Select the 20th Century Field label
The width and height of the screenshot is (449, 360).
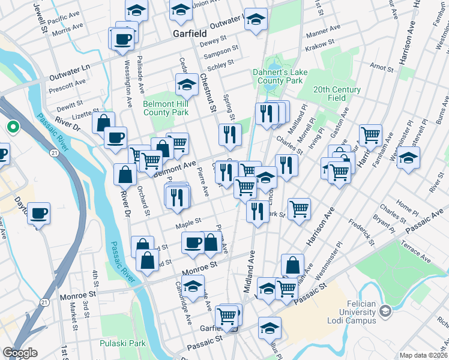click(x=337, y=93)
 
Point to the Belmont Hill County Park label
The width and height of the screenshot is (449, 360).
click(x=165, y=107)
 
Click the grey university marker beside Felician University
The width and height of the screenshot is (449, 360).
click(x=385, y=310)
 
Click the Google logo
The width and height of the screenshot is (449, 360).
click(x=20, y=353)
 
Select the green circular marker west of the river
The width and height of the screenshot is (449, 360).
click(x=13, y=127)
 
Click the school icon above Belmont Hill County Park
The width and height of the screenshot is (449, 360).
click(x=187, y=85)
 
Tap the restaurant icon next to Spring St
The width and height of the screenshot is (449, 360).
click(x=229, y=135)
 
